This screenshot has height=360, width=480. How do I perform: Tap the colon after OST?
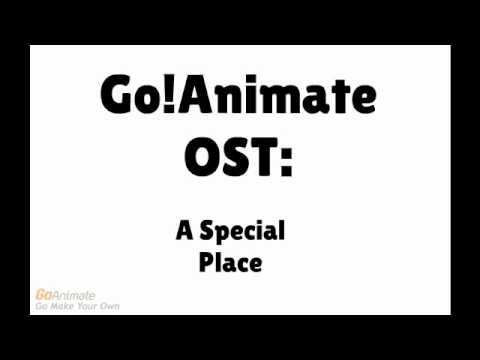tap(287, 159)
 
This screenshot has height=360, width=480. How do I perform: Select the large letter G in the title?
tap(119, 96)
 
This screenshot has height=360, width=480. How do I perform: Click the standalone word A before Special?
tap(184, 232)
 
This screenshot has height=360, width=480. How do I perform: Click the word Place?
tap(230, 264)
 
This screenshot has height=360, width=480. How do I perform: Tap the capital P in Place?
tap(206, 264)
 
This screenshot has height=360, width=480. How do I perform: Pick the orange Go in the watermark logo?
tap(44, 294)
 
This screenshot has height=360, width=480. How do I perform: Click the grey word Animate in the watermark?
tap(74, 294)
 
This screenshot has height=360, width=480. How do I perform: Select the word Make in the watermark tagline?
tap(65, 305)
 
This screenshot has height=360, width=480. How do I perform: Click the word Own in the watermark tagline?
tap(110, 305)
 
